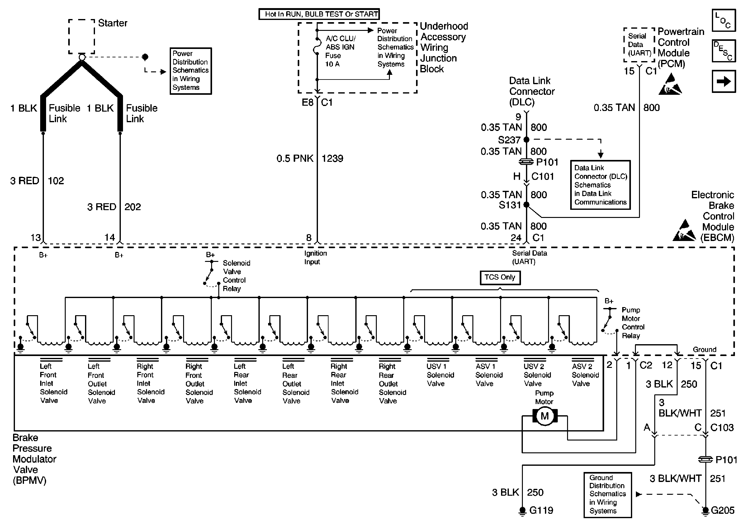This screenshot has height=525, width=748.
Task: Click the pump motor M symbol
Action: (544, 416)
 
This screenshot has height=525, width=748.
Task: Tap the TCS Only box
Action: (500, 277)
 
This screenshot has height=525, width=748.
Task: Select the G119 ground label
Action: (541, 510)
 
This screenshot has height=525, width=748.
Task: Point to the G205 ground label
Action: (722, 510)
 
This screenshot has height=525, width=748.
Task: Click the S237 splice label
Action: (509, 140)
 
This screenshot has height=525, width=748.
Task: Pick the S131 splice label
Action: (509, 205)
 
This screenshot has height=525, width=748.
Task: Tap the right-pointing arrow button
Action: (724, 81)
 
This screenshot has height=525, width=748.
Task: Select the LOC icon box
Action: (724, 21)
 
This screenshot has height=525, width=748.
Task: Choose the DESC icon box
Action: (724, 51)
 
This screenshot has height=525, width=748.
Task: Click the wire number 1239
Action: (332, 158)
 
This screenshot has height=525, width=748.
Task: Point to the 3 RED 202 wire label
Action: (114, 207)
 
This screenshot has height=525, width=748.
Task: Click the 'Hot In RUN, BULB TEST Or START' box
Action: (319, 14)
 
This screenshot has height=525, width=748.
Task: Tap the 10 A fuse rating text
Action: (332, 64)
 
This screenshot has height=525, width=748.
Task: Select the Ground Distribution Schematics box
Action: (608, 494)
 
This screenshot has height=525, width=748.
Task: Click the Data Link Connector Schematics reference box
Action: (600, 185)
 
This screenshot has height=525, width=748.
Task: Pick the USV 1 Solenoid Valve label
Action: (440, 375)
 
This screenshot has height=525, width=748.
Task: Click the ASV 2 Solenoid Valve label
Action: (585, 375)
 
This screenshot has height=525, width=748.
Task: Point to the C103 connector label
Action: (722, 427)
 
